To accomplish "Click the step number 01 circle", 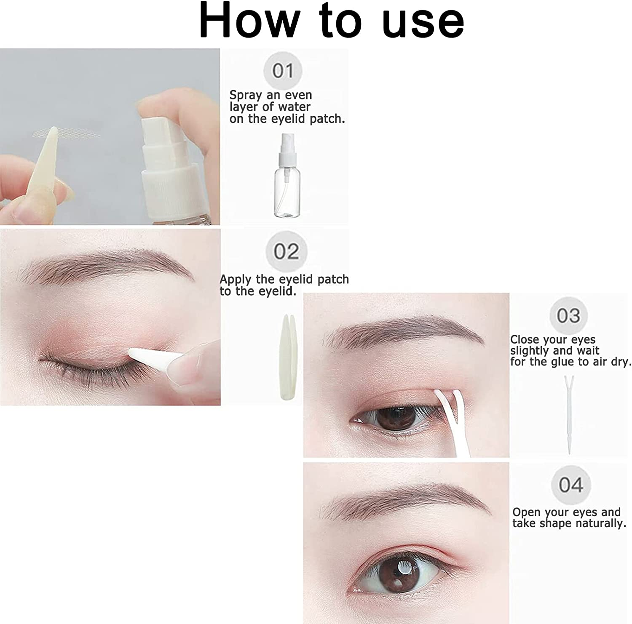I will pyautogui.click(x=283, y=71).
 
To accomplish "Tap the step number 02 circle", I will pyautogui.click(x=286, y=251).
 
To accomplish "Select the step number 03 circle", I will pyautogui.click(x=568, y=316).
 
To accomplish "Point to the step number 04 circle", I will pyautogui.click(x=571, y=485).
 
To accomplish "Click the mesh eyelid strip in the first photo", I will pyautogui.click(x=67, y=134).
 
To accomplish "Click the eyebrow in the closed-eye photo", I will pyautogui.click(x=105, y=263).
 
